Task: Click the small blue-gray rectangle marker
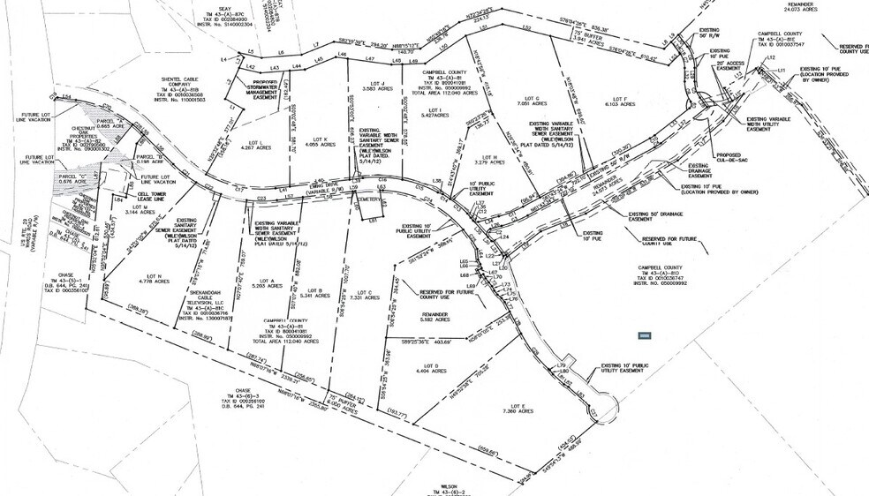(x=645, y=335)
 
